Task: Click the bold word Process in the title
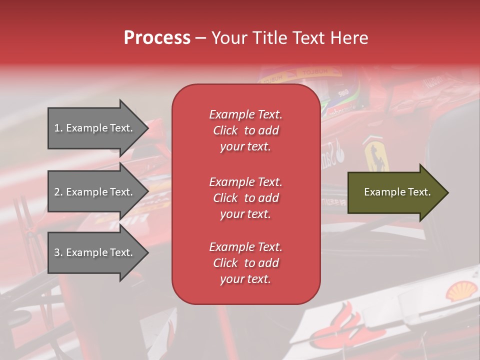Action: tap(157, 38)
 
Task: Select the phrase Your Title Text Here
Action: tap(289, 38)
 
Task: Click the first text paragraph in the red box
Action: tap(245, 130)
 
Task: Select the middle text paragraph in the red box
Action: tap(245, 198)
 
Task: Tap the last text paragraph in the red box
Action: tap(245, 263)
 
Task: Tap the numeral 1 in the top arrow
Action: tap(57, 128)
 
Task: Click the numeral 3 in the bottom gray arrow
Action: tap(57, 252)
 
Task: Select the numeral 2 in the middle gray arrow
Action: tap(57, 192)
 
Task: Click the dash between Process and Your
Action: tap(200, 38)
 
